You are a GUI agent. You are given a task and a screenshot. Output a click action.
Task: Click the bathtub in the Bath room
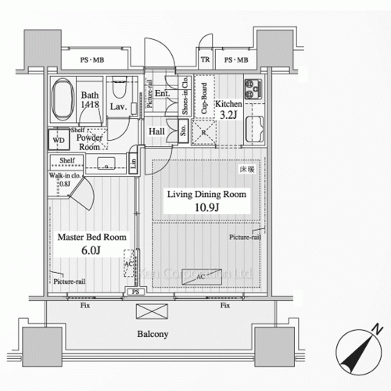pos(63,100)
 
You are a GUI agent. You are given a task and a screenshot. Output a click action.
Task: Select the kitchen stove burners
pos(253,88)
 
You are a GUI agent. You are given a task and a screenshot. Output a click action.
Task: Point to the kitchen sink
pos(254,129)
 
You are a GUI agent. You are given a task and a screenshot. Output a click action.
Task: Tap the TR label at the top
pos(205,60)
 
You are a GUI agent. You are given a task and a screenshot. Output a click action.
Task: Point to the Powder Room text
pos(88,142)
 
